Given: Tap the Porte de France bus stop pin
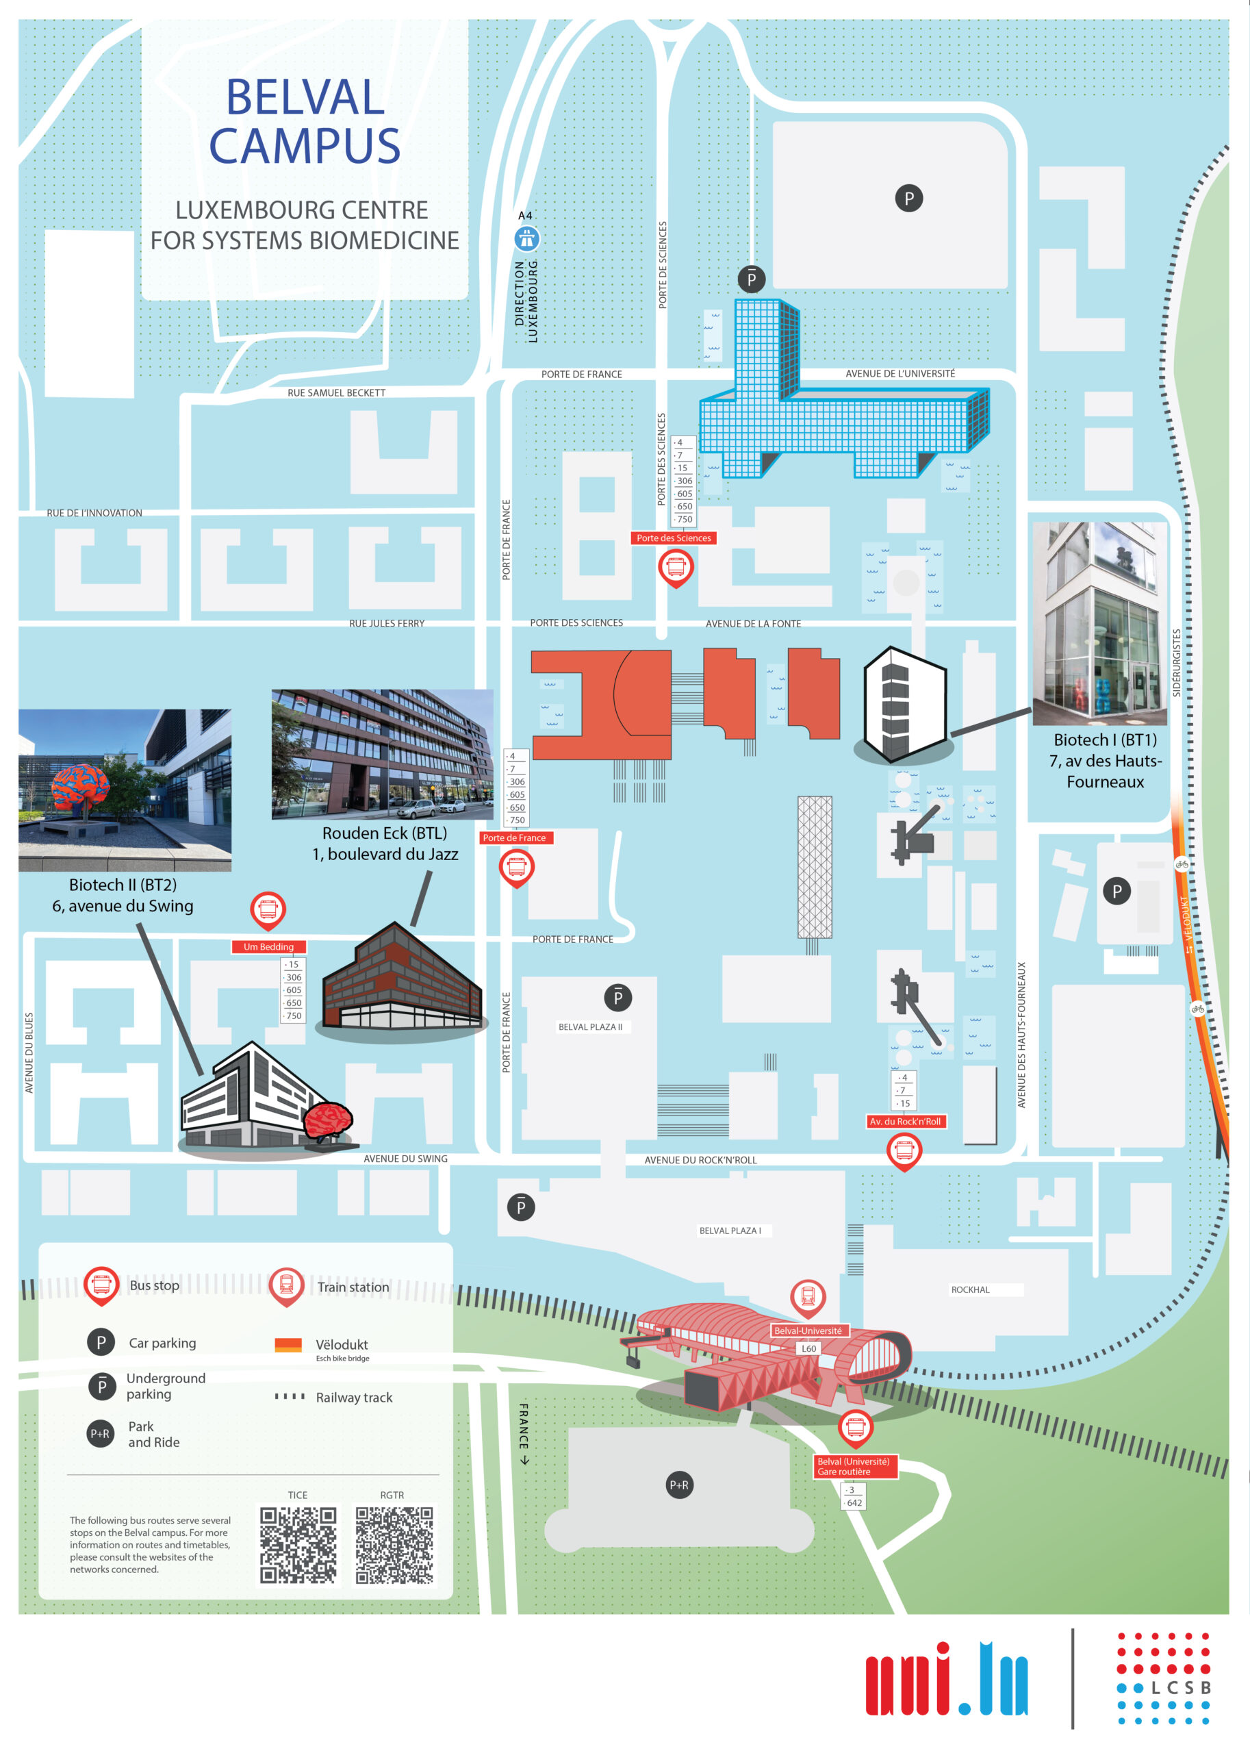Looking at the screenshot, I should [x=516, y=867].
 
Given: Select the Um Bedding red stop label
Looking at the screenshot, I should [x=268, y=947].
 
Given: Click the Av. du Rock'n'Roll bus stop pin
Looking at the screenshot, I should [x=904, y=1151].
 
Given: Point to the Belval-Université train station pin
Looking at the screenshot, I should [x=807, y=1296].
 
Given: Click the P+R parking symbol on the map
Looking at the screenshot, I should [x=679, y=1485].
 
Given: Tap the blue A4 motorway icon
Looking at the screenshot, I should [x=526, y=239].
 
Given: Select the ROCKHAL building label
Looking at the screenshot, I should [x=970, y=1289].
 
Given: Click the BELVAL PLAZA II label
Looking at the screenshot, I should [x=590, y=1027].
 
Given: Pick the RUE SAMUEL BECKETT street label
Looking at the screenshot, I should [x=336, y=392].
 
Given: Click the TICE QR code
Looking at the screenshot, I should [x=298, y=1545].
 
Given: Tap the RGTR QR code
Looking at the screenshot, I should [x=394, y=1545].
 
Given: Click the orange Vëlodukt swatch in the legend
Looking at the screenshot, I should [x=288, y=1345].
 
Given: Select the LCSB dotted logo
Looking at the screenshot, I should [x=1163, y=1678].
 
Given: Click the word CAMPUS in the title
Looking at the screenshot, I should [x=305, y=145].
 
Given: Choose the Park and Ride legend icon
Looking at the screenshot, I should [x=101, y=1433].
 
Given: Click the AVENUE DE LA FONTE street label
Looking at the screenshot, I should [x=753, y=624].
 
